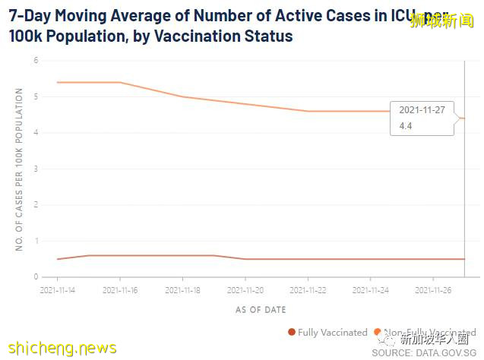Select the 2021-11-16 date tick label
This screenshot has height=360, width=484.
(119, 289)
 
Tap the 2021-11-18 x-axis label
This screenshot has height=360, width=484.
(182, 289)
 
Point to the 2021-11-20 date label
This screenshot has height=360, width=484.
(245, 289)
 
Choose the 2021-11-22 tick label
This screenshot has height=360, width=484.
(308, 289)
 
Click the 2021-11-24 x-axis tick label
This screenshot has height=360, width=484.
(371, 289)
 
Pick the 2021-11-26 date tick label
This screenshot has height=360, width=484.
(433, 289)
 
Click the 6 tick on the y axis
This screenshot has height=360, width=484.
(35, 60)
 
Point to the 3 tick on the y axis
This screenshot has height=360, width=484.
(35, 169)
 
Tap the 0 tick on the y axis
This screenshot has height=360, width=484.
(35, 277)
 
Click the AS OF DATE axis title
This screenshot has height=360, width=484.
(261, 310)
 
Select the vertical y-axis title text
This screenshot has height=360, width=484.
(19, 169)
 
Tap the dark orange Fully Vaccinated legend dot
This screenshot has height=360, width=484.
(292, 333)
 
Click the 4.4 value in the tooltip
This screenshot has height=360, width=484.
(405, 125)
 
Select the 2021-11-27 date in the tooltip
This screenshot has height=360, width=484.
(422, 110)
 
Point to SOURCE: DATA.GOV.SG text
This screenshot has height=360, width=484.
(423, 353)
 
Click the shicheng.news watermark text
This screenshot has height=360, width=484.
(60, 349)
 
